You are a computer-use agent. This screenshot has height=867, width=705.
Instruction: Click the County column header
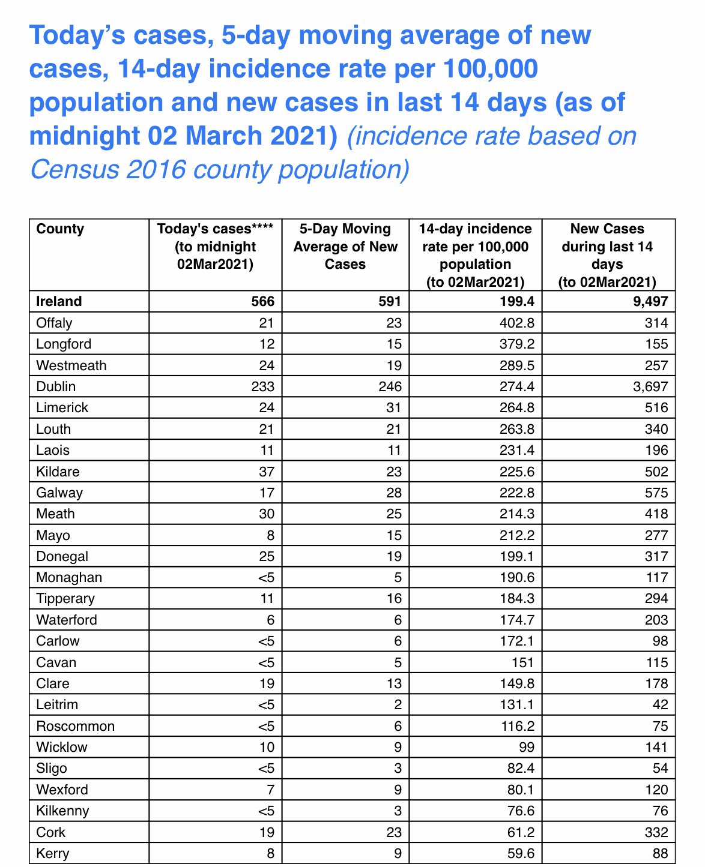(x=60, y=229)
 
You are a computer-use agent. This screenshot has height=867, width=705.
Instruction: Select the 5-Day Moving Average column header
(x=345, y=247)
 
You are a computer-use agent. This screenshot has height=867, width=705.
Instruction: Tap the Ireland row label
(x=59, y=301)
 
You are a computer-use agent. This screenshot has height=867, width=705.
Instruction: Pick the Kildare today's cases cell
(x=266, y=472)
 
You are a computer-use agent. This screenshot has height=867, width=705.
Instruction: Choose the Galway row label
(x=59, y=493)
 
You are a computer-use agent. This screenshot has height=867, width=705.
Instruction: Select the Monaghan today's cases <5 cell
(x=266, y=577)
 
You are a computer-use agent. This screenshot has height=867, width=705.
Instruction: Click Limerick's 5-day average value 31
(x=394, y=407)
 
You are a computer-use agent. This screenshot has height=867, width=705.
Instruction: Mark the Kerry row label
(x=53, y=853)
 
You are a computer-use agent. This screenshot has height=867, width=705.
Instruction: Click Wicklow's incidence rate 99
(x=525, y=747)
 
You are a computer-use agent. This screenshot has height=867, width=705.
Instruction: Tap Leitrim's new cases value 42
(x=660, y=704)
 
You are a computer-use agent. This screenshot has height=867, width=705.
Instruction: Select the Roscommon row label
(x=75, y=726)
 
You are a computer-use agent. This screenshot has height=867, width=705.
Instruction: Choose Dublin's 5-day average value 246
(x=390, y=386)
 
